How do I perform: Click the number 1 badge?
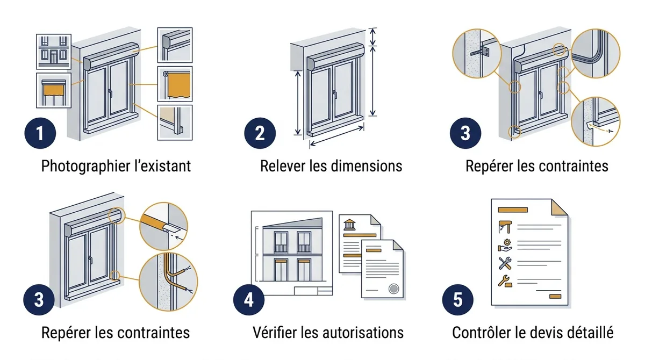pos(40,133)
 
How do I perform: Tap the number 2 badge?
pos(260,133)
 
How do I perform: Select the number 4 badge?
pos(249,300)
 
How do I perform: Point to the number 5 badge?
pos(458,300)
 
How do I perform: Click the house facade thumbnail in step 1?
pos(54,52)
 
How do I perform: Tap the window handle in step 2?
pos(334,95)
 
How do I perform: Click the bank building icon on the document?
pos(349,225)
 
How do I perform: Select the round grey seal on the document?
pos(393,289)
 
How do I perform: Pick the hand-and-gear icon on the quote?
pos(505,246)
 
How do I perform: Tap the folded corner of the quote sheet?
pos(560,207)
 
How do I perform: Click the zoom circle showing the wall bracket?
pos(477,53)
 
